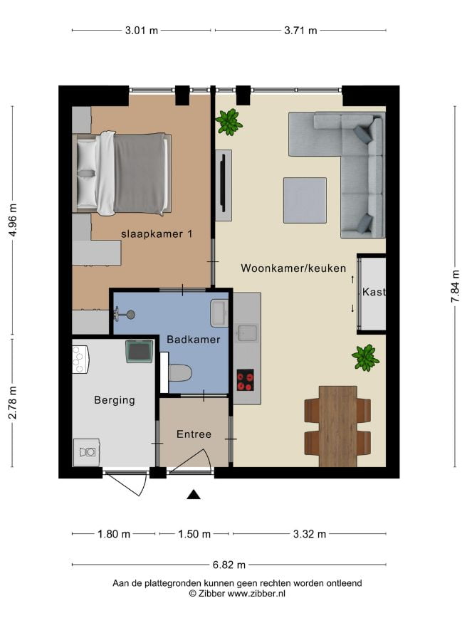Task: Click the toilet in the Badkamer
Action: pyautogui.click(x=180, y=373)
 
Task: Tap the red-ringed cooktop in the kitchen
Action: pyautogui.click(x=246, y=380)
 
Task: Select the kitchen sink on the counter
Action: pyautogui.click(x=247, y=333)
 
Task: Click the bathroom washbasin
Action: pyautogui.click(x=219, y=313)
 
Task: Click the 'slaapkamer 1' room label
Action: pyautogui.click(x=157, y=234)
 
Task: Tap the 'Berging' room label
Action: pyautogui.click(x=115, y=399)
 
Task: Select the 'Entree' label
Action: pyautogui.click(x=194, y=434)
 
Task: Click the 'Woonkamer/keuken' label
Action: pyautogui.click(x=293, y=268)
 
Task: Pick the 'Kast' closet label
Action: pyautogui.click(x=374, y=292)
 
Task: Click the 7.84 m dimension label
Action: pyautogui.click(x=455, y=286)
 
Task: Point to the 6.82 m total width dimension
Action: pyautogui.click(x=229, y=565)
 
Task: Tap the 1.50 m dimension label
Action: pyautogui.click(x=194, y=534)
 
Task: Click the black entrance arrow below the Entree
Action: pyautogui.click(x=194, y=494)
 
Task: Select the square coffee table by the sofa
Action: pyautogui.click(x=305, y=200)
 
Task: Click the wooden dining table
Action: pyautogui.click(x=338, y=426)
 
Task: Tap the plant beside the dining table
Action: pyautogui.click(x=365, y=357)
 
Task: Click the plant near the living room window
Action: pyautogui.click(x=229, y=122)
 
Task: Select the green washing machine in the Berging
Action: pyautogui.click(x=140, y=351)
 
